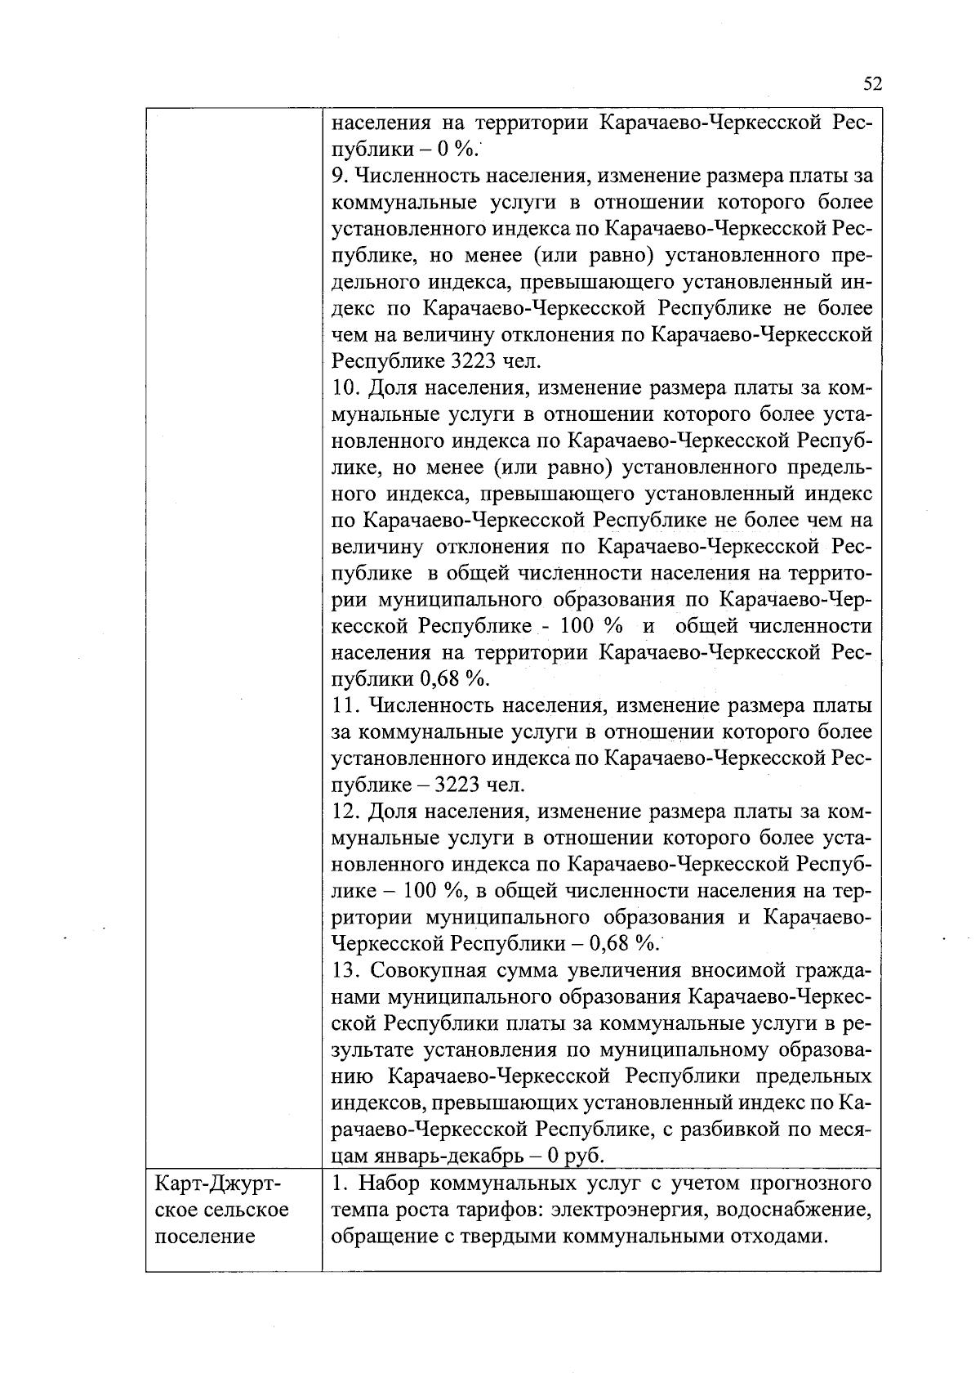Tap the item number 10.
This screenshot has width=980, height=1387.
coord(345,387)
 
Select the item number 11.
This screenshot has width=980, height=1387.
coord(345,706)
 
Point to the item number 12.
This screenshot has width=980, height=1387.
coord(345,812)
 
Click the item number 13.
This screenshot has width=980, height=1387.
coord(345,971)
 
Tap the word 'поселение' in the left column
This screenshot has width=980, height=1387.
coord(204,1236)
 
